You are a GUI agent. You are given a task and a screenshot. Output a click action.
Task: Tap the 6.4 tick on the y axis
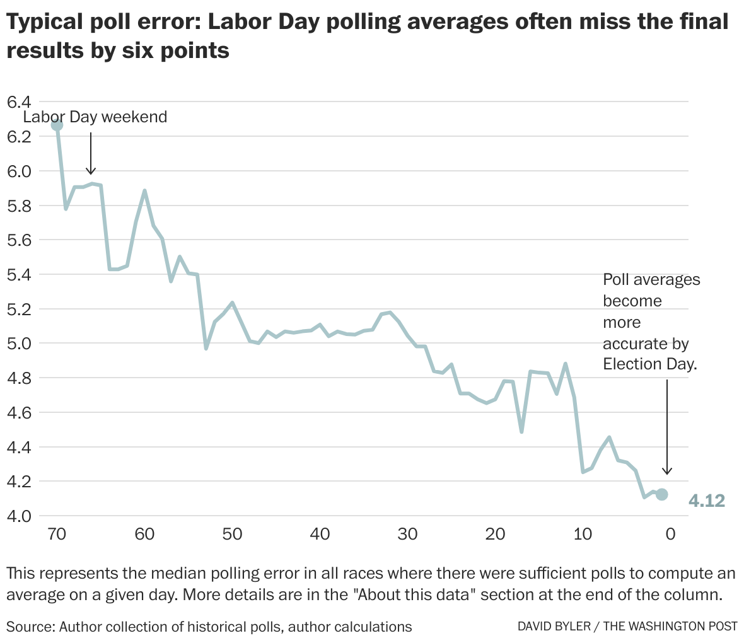(x=18, y=102)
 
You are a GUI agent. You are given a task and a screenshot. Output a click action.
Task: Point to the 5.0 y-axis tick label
(x=18, y=344)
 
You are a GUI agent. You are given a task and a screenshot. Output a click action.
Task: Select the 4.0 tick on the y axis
(x=18, y=516)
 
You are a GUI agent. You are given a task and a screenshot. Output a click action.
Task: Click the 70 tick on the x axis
(x=57, y=535)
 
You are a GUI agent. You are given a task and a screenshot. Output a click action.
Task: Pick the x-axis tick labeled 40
(x=320, y=535)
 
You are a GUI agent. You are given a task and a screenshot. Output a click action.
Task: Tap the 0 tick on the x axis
(x=670, y=535)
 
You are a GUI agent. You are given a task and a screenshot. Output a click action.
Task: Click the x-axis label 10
(x=583, y=535)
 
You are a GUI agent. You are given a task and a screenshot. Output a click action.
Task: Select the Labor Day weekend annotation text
(x=95, y=117)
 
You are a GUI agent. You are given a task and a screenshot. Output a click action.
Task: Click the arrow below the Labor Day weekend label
(x=91, y=153)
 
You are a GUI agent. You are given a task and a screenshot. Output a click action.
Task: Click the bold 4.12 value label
(x=706, y=501)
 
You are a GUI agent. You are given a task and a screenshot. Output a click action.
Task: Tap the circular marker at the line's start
(x=57, y=125)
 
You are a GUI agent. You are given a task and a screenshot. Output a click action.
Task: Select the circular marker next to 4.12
(x=661, y=494)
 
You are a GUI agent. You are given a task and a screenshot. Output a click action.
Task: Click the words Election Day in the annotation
(x=649, y=364)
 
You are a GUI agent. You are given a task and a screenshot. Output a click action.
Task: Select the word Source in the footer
(x=28, y=627)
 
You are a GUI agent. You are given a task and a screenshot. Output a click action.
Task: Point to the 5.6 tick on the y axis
(x=18, y=240)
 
